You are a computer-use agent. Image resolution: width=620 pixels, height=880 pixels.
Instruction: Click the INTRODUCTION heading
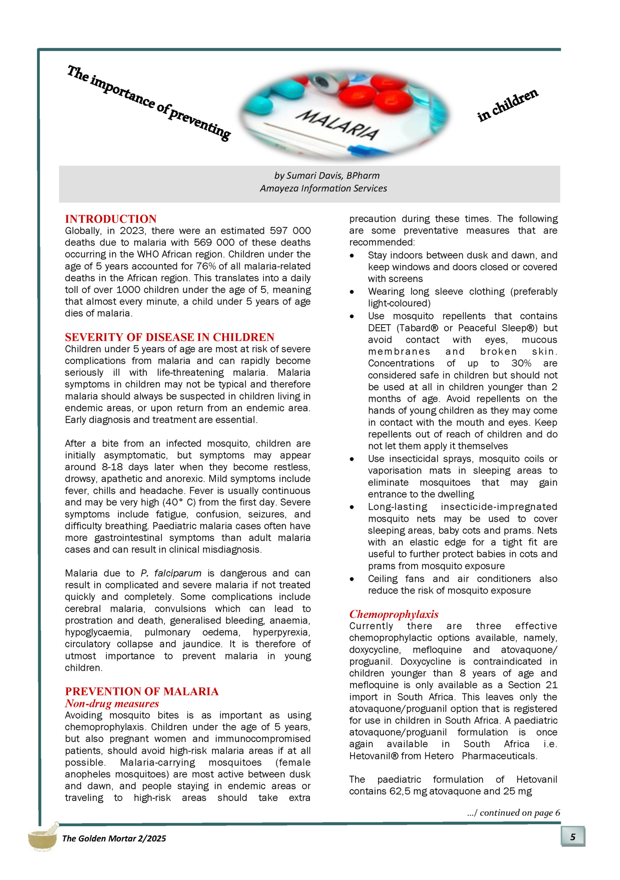[111, 219]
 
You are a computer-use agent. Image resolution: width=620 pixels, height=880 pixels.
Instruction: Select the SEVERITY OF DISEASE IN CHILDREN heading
[169, 337]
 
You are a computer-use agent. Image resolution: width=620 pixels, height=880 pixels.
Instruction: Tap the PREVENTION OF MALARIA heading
[142, 691]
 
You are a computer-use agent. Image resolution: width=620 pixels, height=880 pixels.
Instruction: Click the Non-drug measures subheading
[112, 703]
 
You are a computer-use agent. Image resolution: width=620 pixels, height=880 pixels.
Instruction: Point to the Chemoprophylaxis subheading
[394, 614]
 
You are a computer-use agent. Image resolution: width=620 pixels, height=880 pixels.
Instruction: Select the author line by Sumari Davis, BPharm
[326, 176]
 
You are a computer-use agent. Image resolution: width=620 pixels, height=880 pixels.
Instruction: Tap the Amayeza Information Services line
[323, 188]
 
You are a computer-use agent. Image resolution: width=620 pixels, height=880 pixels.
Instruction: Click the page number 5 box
[573, 837]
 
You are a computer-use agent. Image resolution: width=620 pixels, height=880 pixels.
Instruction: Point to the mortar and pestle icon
[43, 836]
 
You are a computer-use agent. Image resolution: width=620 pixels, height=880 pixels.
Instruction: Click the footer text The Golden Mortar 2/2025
[114, 838]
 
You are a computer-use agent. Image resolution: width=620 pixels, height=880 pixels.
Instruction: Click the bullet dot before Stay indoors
[352, 256]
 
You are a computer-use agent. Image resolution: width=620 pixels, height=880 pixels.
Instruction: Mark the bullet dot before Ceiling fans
[352, 579]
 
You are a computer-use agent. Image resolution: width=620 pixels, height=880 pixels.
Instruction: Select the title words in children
[508, 105]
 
